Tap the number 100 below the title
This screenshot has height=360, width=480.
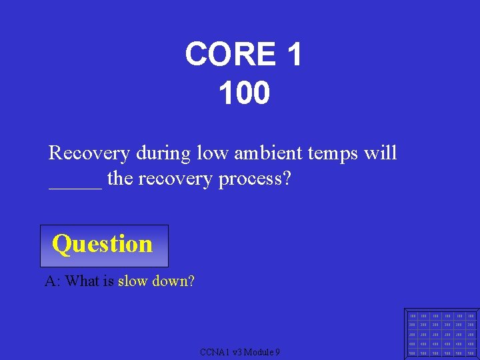click(244, 93)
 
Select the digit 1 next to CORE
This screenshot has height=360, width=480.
click(293, 54)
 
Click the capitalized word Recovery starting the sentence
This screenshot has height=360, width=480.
click(89, 153)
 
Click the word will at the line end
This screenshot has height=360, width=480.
click(381, 153)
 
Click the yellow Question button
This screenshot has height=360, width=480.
click(103, 245)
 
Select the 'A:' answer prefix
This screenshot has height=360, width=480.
click(53, 281)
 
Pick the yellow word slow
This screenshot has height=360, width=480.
click(133, 281)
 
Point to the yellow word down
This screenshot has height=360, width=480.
click(170, 281)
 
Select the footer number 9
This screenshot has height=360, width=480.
click(277, 352)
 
